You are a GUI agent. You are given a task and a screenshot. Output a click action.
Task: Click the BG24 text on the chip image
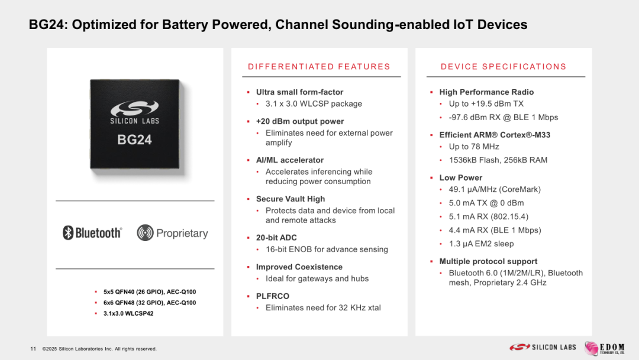pyautogui.click(x=134, y=140)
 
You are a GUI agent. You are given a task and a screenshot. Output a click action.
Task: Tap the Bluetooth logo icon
pyautogui.click(x=68, y=233)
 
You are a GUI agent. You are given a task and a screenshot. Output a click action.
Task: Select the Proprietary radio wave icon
pyautogui.click(x=145, y=233)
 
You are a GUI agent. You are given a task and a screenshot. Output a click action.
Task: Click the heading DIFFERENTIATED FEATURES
pyautogui.click(x=319, y=66)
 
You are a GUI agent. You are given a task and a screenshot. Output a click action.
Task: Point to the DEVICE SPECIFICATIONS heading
pyautogui.click(x=504, y=66)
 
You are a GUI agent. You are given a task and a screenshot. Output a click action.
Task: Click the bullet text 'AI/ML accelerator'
pyautogui.click(x=290, y=160)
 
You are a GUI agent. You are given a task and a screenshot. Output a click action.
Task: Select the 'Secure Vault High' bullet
pyautogui.click(x=291, y=199)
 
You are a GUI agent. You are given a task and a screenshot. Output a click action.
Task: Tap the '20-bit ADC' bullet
pyautogui.click(x=276, y=237)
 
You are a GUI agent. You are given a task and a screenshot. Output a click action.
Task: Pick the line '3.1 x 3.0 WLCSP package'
pyautogui.click(x=314, y=104)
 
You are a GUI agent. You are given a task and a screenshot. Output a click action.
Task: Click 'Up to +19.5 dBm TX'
pyautogui.click(x=486, y=104)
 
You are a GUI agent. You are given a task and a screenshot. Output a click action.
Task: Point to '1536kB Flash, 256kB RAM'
pyautogui.click(x=498, y=160)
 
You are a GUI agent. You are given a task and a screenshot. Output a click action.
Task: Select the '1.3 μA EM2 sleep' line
pyautogui.click(x=481, y=244)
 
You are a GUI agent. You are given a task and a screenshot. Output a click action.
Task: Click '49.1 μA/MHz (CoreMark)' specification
pyautogui.click(x=495, y=189)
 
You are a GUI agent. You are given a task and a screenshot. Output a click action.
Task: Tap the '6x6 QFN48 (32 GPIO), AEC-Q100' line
pyautogui.click(x=150, y=303)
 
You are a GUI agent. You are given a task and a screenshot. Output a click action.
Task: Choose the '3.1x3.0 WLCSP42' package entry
pyautogui.click(x=128, y=314)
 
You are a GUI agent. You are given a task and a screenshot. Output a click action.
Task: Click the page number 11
pyautogui.click(x=33, y=349)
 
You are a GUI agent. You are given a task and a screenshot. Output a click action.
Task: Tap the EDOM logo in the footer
pyautogui.click(x=604, y=348)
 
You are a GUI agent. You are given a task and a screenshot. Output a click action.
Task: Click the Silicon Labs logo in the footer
pyautogui.click(x=543, y=348)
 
